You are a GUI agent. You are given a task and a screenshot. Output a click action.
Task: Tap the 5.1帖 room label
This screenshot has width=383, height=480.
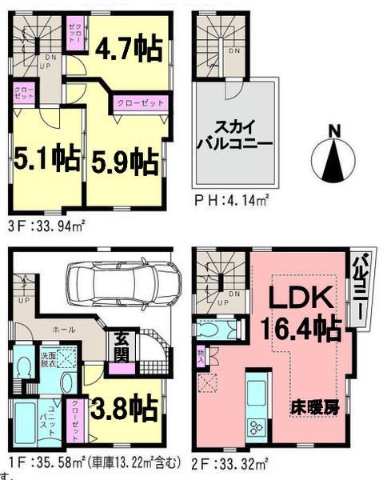pos(46,160)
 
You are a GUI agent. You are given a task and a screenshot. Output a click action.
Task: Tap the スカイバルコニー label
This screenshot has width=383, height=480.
pos(235,135)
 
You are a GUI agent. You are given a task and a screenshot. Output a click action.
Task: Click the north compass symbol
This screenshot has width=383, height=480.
pos(337,156)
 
